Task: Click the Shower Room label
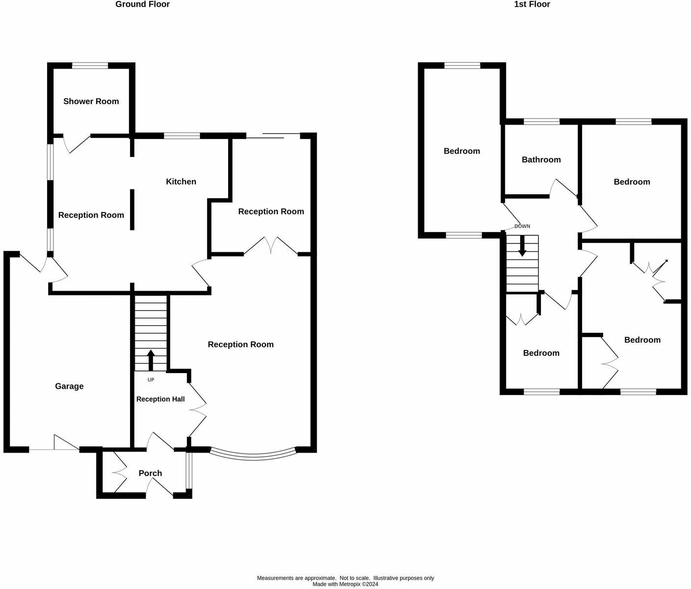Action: click(91, 102)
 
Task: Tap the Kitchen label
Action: click(181, 182)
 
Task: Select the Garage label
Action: click(69, 386)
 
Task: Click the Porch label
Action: click(150, 473)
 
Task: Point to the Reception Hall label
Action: click(160, 399)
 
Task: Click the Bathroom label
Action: click(541, 160)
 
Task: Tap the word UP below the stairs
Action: click(151, 380)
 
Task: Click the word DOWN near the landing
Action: click(522, 226)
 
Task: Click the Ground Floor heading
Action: click(142, 4)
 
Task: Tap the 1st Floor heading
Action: click(532, 4)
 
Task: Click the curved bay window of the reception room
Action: click(253, 455)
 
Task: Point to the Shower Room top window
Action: click(90, 65)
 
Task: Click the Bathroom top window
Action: click(542, 121)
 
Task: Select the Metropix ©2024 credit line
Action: click(345, 584)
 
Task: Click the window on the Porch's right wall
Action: click(189, 471)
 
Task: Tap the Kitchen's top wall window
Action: click(182, 136)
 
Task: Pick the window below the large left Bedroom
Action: click(464, 236)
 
